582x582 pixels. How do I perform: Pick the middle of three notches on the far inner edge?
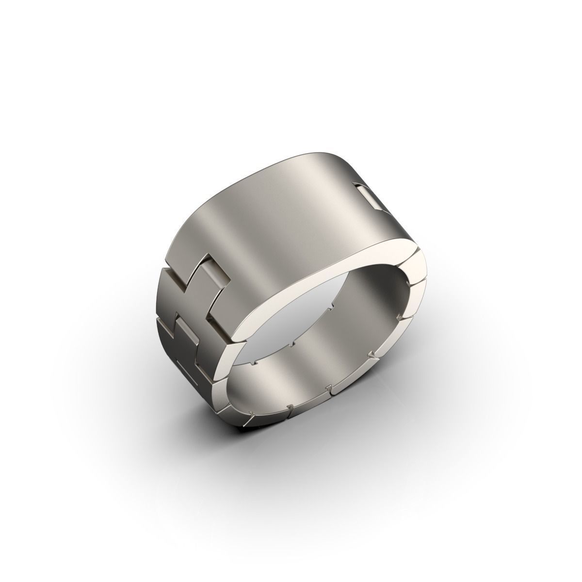click(x=291, y=345)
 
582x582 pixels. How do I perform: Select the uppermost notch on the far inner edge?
click(x=332, y=307)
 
